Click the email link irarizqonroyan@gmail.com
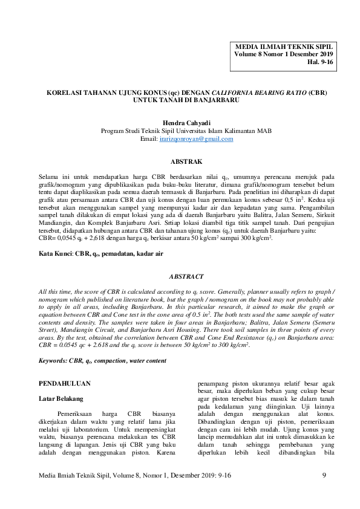tap(195, 138)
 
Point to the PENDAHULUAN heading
tap(65, 383)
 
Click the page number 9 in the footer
tap(324, 476)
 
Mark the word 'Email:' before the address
tap(148, 138)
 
